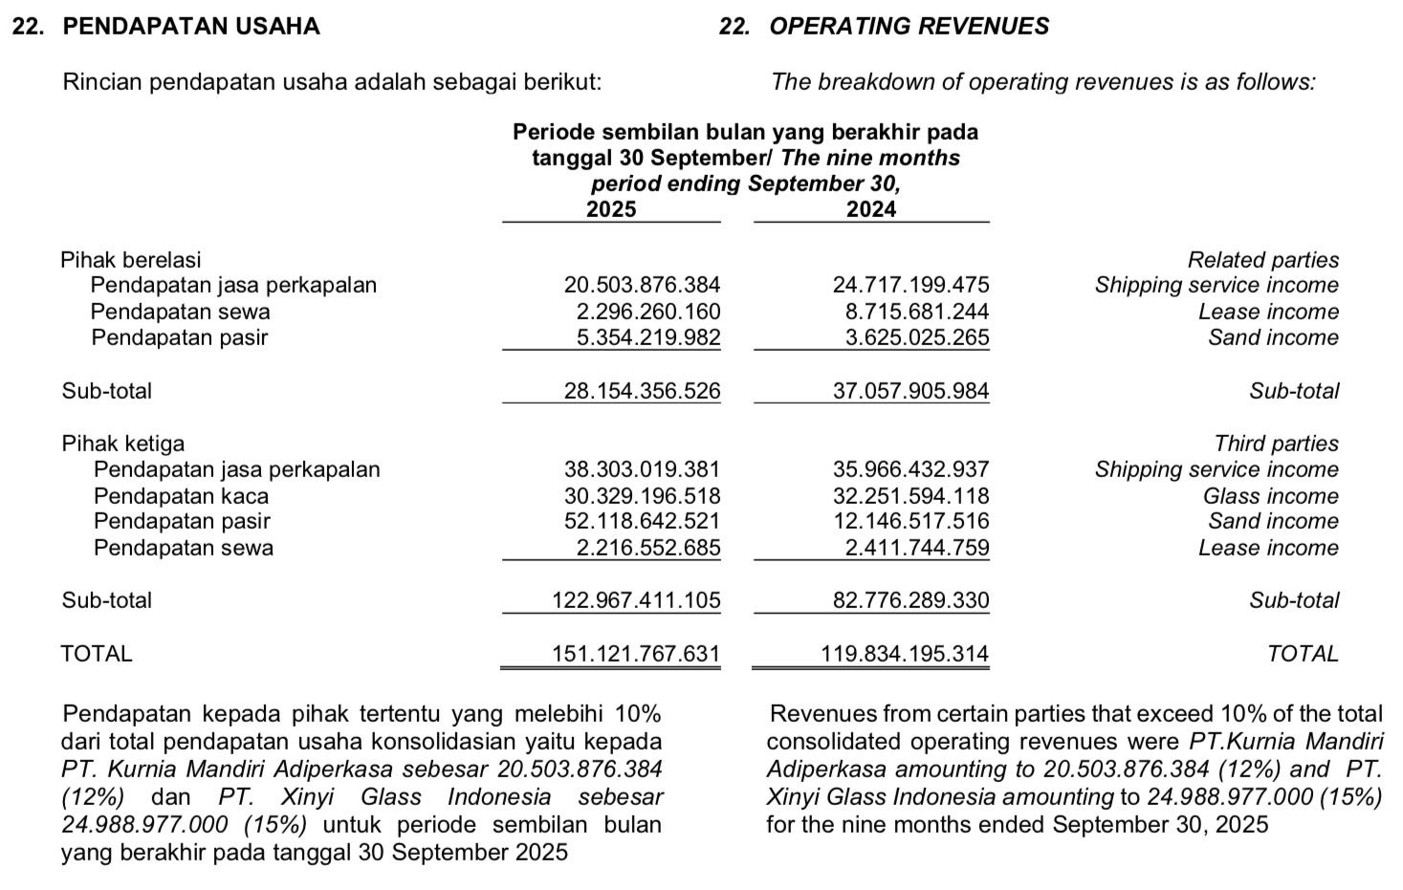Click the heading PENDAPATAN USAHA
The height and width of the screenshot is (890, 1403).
(x=190, y=27)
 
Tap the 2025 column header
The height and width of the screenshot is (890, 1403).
(x=611, y=209)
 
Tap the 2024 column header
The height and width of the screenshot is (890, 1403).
(x=871, y=209)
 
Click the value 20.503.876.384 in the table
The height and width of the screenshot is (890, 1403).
(x=642, y=285)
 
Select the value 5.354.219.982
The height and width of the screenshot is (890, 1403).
(x=648, y=337)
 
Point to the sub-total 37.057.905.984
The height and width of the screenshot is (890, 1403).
(x=910, y=391)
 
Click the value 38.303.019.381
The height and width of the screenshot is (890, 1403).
(x=642, y=469)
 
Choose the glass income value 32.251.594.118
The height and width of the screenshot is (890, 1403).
(x=910, y=496)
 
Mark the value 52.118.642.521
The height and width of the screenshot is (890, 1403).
(x=642, y=521)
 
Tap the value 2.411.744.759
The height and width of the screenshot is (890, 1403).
(x=917, y=548)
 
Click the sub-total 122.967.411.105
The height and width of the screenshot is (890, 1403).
(x=636, y=600)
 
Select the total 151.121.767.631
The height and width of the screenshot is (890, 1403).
(x=636, y=654)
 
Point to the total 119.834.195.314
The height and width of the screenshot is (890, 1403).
(x=905, y=654)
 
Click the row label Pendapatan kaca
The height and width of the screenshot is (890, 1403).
(x=181, y=496)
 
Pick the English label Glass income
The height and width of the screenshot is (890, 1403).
(x=1270, y=496)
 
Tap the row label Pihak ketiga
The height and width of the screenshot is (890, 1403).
(x=122, y=444)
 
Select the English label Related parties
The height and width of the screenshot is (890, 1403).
(x=1262, y=260)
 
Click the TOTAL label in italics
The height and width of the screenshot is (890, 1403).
(x=1303, y=654)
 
